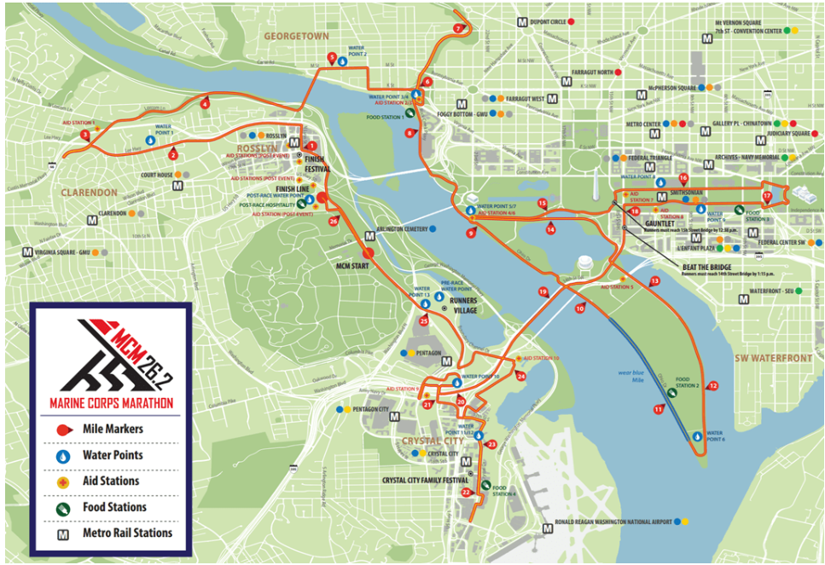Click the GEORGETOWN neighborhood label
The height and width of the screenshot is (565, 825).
click(296, 37)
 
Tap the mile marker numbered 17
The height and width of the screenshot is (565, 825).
click(766, 196)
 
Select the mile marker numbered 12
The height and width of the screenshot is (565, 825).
click(713, 386)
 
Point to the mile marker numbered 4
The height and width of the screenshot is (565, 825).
click(205, 104)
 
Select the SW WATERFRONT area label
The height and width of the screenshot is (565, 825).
click(774, 358)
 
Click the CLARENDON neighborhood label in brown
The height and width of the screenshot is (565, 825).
click(88, 193)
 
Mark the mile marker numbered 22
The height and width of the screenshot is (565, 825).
click(465, 492)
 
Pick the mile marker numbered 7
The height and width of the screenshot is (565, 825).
click(458, 28)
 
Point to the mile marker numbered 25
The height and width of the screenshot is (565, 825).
click(424, 321)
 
